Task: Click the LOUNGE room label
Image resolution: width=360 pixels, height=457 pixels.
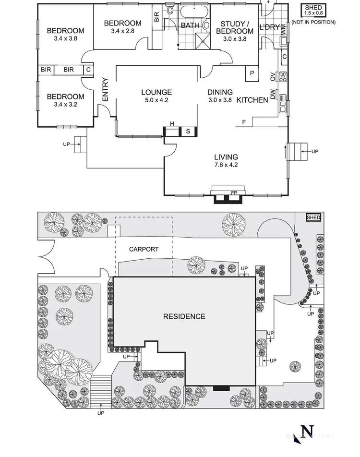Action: pos(156,92)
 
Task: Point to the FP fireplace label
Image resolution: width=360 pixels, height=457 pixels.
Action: pos(234,193)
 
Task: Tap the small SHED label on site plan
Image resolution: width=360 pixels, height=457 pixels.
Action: pos(313,218)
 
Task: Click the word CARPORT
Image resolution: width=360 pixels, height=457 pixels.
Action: pos(144,249)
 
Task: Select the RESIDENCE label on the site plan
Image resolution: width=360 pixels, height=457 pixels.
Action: pos(184,316)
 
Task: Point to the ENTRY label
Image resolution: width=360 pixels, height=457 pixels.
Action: pos(105,89)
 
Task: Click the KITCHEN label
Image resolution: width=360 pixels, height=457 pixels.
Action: pos(252,100)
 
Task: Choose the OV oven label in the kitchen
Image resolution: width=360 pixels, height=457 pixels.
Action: pos(272,77)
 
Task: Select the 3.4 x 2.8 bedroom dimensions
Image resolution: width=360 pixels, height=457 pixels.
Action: pos(122,31)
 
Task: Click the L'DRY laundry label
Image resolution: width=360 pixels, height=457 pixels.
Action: pos(269,27)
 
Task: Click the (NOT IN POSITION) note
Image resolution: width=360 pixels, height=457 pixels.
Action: pos(313,22)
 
